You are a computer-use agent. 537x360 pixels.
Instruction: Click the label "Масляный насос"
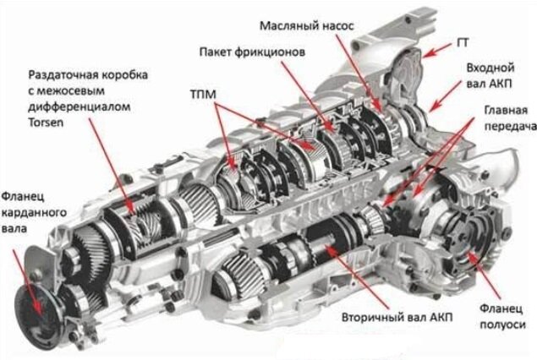[307, 26]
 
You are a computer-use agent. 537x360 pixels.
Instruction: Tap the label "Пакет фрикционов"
[252, 52]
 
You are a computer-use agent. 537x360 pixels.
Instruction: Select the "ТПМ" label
[203, 95]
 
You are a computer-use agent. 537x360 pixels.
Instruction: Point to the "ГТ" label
[463, 43]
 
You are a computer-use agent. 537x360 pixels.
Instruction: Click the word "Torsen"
[46, 123]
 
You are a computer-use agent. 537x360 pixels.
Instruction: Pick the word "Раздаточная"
[63, 75]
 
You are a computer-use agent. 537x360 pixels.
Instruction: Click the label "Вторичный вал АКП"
[397, 317]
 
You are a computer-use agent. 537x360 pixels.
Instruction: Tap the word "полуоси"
[502, 325]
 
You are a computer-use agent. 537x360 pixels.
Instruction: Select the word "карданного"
[34, 213]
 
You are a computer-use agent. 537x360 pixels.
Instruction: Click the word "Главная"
[506, 111]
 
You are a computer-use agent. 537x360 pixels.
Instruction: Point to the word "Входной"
[490, 68]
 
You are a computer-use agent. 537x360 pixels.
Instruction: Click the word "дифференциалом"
[79, 106]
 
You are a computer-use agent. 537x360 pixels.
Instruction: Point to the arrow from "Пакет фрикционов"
[308, 96]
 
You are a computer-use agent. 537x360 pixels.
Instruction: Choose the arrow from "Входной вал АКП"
[445, 96]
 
